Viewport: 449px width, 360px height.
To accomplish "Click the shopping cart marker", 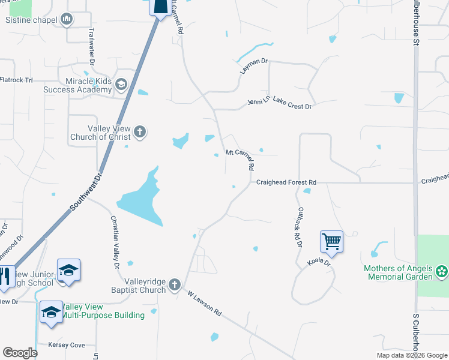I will point(331,242).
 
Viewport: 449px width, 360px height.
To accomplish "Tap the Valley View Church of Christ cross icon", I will point(140,131).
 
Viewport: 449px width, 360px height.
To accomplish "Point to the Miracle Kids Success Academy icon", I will point(121,84).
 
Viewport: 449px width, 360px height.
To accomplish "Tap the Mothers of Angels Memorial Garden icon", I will point(442,271).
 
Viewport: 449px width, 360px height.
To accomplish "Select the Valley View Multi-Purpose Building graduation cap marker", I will point(51,312).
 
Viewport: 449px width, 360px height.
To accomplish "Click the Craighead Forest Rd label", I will point(286,182).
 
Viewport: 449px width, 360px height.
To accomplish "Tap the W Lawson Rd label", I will point(204,305).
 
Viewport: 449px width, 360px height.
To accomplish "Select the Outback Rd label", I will point(297,229).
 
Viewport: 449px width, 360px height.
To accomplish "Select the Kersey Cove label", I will point(69,345).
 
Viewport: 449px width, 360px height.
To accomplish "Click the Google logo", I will point(20,353).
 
